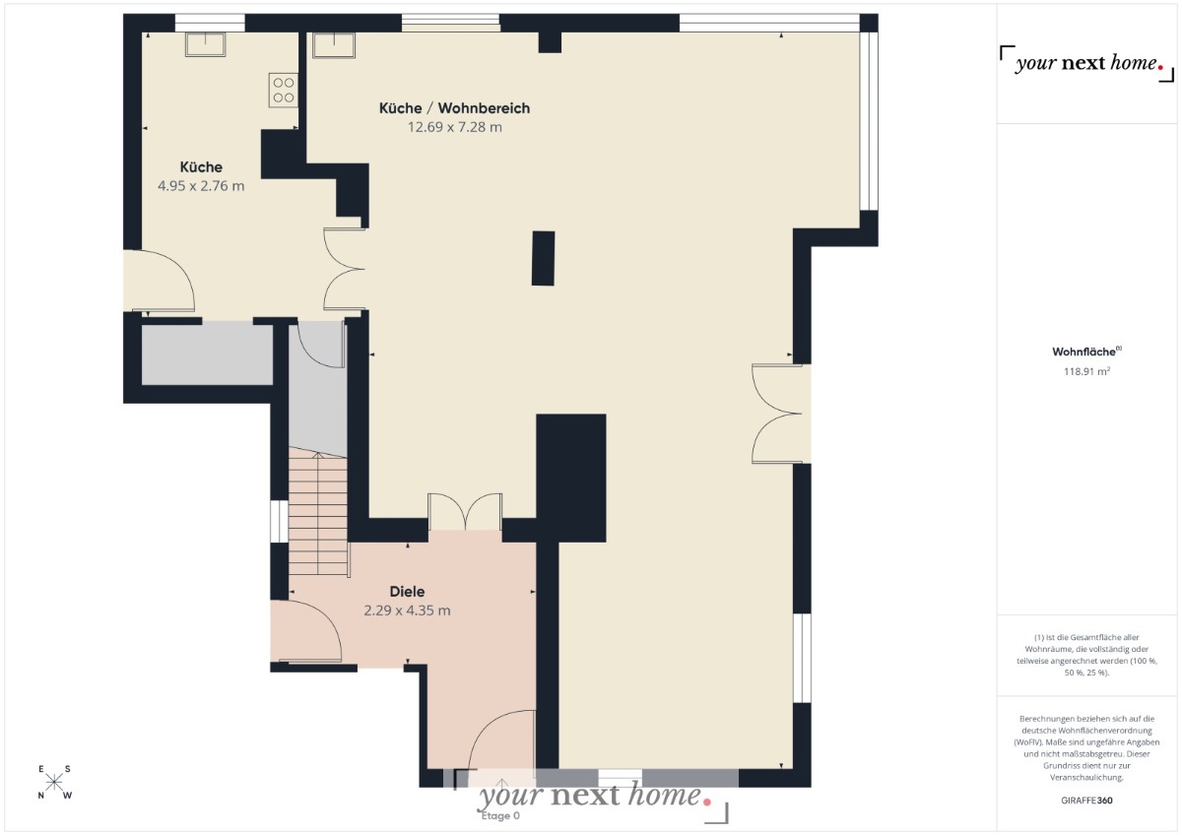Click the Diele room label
(x=407, y=592)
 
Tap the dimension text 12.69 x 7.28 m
(x=455, y=127)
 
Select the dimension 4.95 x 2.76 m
(x=201, y=186)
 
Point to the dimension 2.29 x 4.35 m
(x=407, y=610)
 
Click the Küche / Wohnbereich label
(x=454, y=108)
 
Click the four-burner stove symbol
(x=284, y=91)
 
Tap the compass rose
(x=54, y=782)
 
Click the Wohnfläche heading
(x=1086, y=352)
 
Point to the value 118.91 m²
(x=1086, y=371)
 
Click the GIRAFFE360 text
(x=1086, y=801)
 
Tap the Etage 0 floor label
(x=500, y=815)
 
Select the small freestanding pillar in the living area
(x=543, y=258)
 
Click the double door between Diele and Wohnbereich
(x=465, y=512)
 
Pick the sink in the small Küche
(x=205, y=44)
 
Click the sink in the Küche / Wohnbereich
(x=334, y=45)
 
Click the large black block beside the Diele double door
(x=571, y=478)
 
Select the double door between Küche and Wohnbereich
(x=344, y=269)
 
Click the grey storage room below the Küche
(x=208, y=355)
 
